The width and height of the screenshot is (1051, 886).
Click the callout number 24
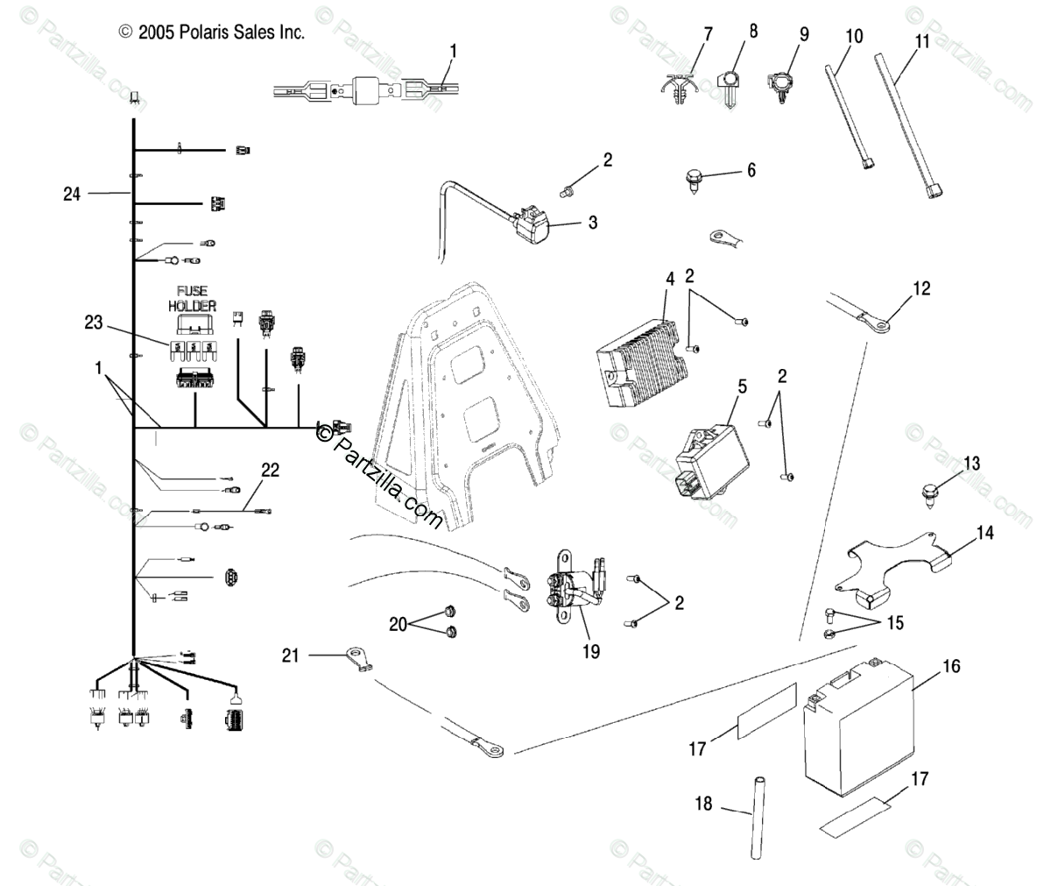[x=72, y=193]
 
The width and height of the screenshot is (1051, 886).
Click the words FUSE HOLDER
[x=192, y=299]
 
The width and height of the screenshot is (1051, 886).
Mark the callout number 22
[x=270, y=471]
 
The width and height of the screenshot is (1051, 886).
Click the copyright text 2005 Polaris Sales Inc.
[x=212, y=32]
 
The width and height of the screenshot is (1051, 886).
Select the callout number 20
[x=399, y=623]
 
